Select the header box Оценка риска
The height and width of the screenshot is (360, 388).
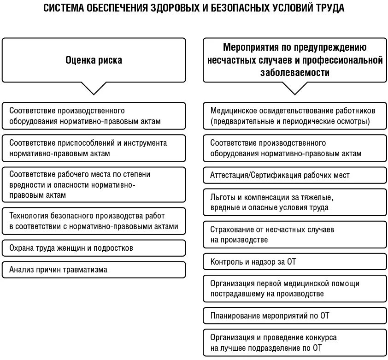(x=94, y=60)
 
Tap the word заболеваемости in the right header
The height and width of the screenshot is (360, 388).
(x=295, y=72)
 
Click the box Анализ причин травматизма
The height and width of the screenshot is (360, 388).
(x=94, y=270)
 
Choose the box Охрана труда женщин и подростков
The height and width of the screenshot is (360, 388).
(x=94, y=248)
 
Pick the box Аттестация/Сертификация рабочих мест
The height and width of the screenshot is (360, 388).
(x=294, y=175)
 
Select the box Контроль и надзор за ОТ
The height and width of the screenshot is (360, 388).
(x=294, y=262)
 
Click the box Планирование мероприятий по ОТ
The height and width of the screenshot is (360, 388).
(x=294, y=316)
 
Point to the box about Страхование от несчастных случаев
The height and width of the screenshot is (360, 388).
(x=294, y=234)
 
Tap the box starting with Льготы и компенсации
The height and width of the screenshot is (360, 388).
(x=294, y=202)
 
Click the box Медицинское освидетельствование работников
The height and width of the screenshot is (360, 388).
(x=294, y=116)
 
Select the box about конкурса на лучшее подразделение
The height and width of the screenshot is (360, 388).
(x=294, y=343)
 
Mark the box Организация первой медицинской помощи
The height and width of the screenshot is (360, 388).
(x=294, y=289)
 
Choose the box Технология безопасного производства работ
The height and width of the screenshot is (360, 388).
(x=94, y=221)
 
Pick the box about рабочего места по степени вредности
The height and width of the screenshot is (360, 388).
(x=94, y=184)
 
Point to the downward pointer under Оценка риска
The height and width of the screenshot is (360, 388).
(x=94, y=89)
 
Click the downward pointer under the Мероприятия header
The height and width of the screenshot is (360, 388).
(x=294, y=89)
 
